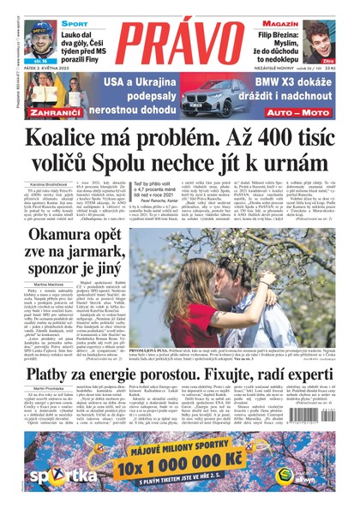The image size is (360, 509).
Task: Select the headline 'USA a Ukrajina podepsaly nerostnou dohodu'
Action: [136, 93]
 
